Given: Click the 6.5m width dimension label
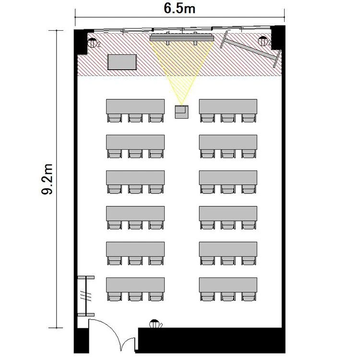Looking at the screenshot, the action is tap(180, 9).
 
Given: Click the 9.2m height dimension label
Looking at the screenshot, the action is tap(48, 179).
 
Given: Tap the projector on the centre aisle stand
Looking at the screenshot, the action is tap(181, 112).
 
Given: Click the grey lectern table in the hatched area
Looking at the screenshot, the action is tap(122, 62).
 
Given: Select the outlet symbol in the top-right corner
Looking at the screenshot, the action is tap(264, 41).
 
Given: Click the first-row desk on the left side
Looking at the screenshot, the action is tap(135, 106).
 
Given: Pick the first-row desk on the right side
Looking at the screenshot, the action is tap(228, 106).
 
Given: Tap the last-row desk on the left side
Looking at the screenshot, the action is tap(135, 285).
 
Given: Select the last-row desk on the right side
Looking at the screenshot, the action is tap(228, 285).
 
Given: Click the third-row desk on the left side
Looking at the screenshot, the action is tap(135, 178).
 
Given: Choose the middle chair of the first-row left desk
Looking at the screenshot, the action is tap(135, 118).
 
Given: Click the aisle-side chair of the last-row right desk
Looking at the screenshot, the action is tap(207, 297).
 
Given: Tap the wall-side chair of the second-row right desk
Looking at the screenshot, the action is tap(249, 154).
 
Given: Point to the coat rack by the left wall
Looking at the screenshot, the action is tap(86, 296).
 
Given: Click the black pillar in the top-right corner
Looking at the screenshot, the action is tap(277, 37).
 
